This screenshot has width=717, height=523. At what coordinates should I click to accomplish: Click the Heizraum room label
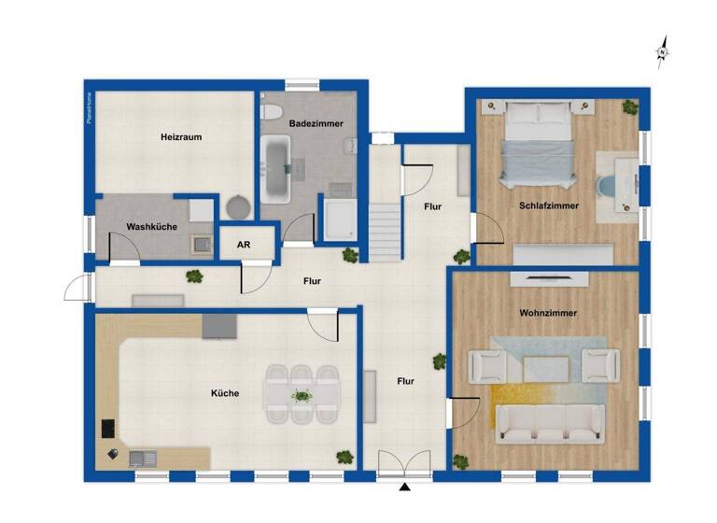tap(181, 137)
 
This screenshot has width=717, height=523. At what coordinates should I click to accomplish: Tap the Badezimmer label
tap(316, 123)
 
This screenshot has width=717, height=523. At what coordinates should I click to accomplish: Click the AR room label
tap(244, 245)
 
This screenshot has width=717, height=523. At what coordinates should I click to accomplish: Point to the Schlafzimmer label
tap(549, 205)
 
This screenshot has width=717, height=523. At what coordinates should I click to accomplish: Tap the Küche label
tap(225, 393)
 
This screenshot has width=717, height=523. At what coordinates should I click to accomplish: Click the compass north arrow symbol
tap(662, 52)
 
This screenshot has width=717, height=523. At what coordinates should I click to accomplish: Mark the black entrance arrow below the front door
tap(404, 488)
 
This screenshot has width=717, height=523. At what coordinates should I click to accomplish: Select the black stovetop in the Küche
tap(107, 429)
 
